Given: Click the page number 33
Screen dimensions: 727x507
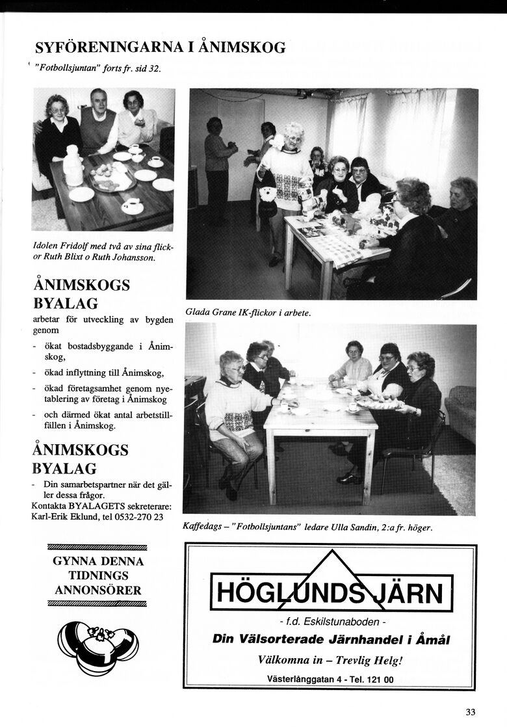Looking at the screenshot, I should (x=471, y=711).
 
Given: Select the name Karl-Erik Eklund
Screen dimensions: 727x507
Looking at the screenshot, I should (x=62, y=517).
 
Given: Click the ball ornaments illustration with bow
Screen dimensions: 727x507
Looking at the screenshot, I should (x=97, y=644).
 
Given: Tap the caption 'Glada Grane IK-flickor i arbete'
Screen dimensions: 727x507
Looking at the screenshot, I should (x=248, y=313).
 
